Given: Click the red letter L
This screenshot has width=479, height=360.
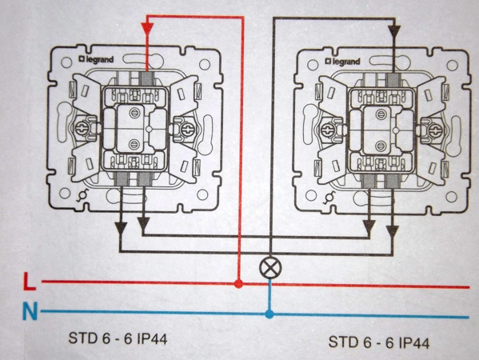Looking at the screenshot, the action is [x=30, y=281].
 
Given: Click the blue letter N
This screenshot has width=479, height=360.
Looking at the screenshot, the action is [x=30, y=310].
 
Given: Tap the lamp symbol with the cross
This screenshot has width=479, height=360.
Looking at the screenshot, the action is [x=270, y=267].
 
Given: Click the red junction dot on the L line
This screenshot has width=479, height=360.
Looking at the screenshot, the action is [x=239, y=283].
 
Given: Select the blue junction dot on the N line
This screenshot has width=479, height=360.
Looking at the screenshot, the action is [x=269, y=314].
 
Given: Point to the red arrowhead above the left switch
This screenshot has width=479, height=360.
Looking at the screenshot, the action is [x=147, y=28].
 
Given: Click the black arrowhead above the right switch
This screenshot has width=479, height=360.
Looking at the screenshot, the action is [x=394, y=31].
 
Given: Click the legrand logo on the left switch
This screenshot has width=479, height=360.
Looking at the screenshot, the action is [x=96, y=59].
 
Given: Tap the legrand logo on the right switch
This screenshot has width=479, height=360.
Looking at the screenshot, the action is [x=343, y=62].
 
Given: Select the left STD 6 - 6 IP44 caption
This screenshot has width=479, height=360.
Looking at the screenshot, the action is [x=118, y=338].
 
